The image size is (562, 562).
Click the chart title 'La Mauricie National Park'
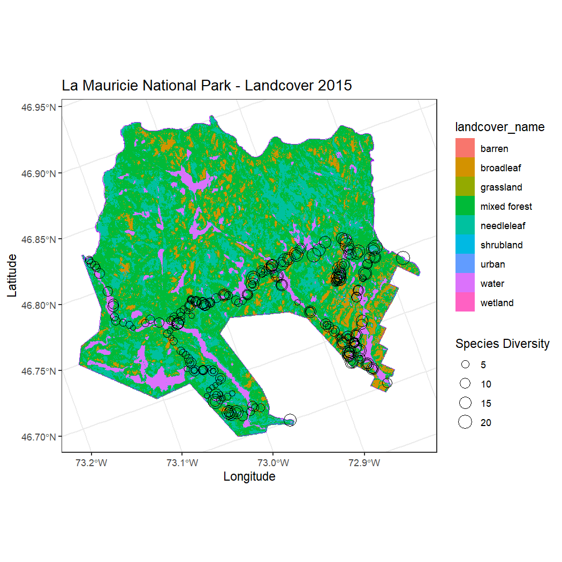click(x=207, y=86)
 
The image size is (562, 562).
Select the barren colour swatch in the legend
click(x=465, y=148)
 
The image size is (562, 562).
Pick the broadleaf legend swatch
click(x=465, y=168)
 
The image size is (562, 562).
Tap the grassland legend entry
click(x=465, y=187)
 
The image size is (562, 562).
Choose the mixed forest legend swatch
click(x=465, y=206)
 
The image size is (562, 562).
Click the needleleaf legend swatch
click(x=465, y=225)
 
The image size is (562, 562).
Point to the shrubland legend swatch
click(x=465, y=245)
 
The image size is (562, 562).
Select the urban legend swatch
click(x=465, y=264)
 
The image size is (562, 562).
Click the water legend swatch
click(x=465, y=283)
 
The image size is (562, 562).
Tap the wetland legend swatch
click(x=465, y=302)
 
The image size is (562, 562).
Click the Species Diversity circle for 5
click(x=465, y=364)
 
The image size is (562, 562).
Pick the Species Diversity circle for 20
click(x=465, y=422)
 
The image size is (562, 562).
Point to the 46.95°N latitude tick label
click(x=39, y=107)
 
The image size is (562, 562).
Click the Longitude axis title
click(x=249, y=476)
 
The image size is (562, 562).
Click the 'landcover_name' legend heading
click(x=499, y=127)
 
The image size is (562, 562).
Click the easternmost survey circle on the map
click(x=403, y=258)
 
